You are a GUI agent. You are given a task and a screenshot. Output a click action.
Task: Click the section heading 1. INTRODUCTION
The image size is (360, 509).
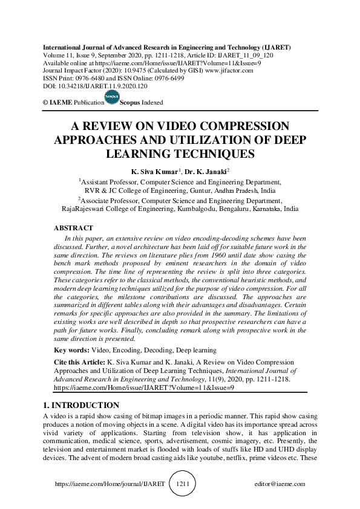(82, 405)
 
